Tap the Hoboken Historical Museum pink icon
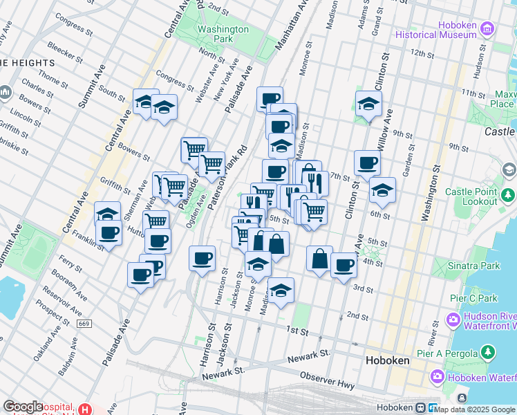pyautogui.click(x=488, y=28)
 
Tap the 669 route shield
pyautogui.click(x=84, y=324)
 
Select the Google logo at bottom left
pyautogui.click(x=23, y=407)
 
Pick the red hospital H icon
pyautogui.click(x=85, y=409)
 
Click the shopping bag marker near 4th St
pyautogui.click(x=319, y=259)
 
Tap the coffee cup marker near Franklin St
pyautogui.click(x=109, y=232)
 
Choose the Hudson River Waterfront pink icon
pyautogui.click(x=453, y=320)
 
